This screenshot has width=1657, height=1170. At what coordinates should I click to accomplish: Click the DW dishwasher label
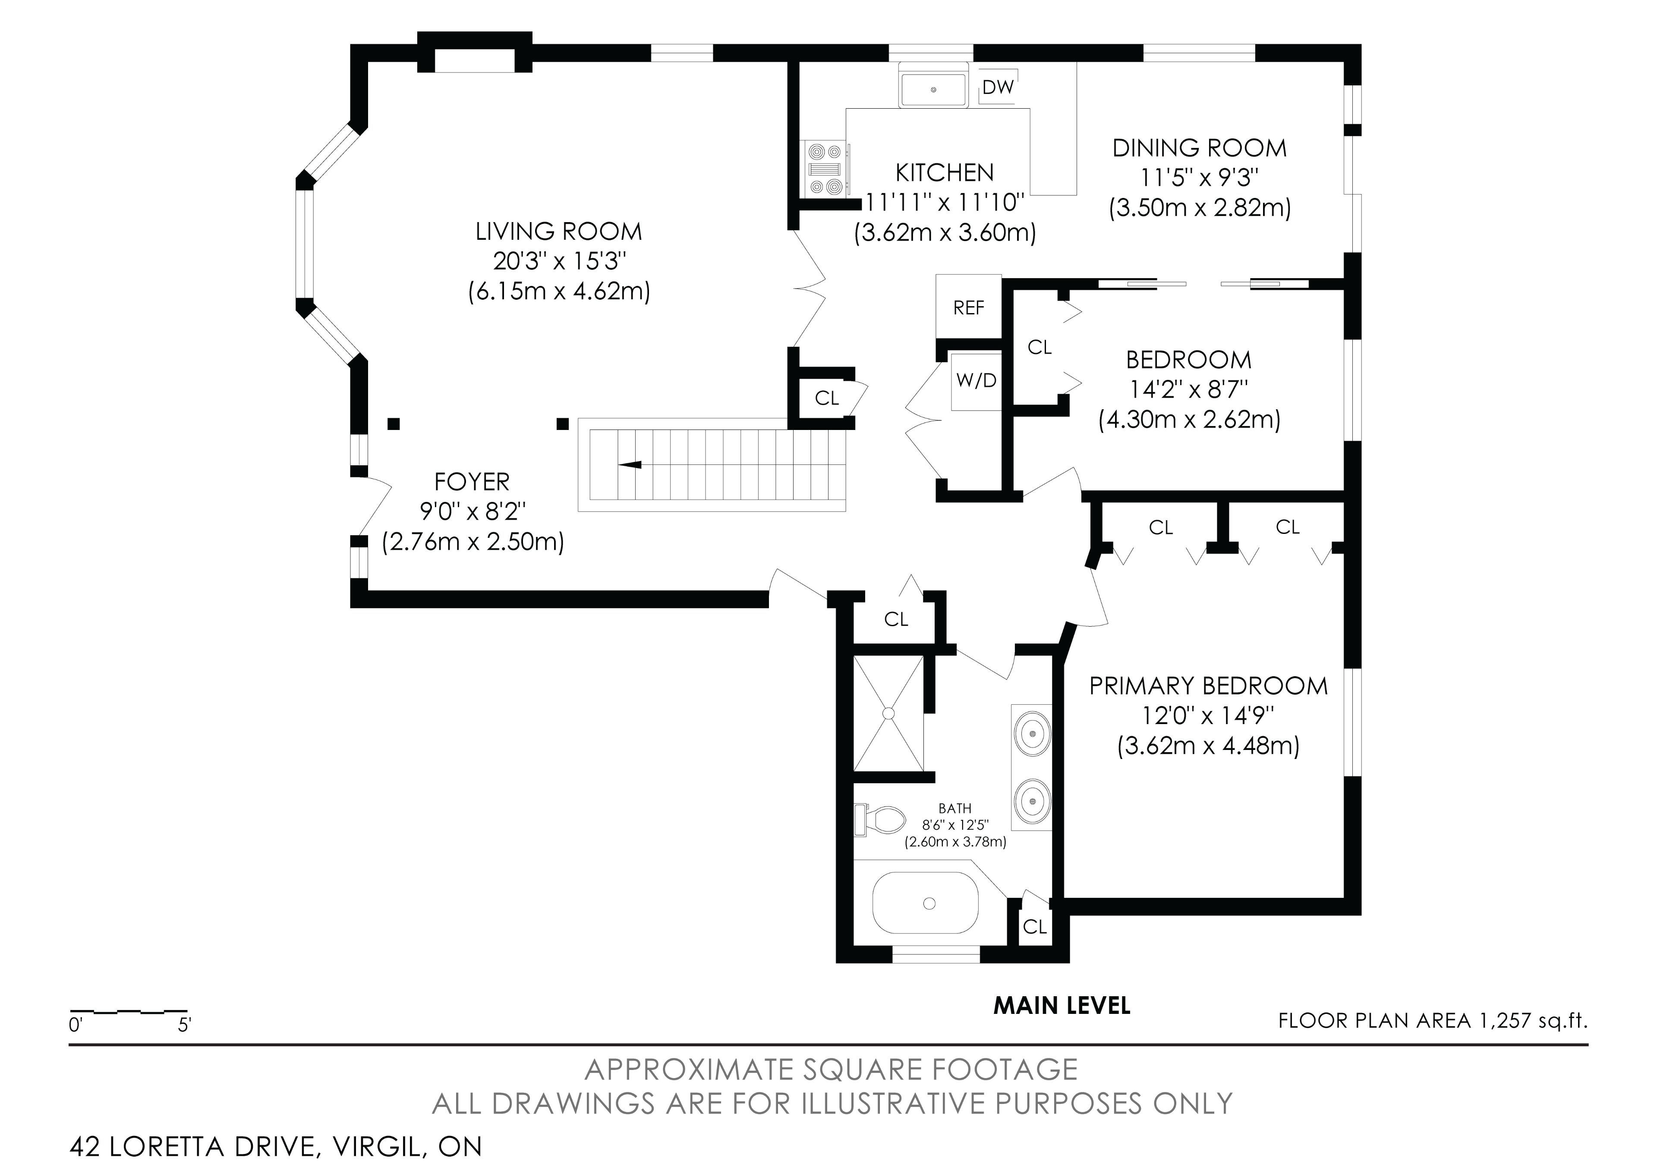(998, 87)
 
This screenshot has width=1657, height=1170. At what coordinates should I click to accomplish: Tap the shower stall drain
(888, 713)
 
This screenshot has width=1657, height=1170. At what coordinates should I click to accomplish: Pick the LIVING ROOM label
(558, 232)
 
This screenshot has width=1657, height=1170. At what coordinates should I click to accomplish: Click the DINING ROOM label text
(1200, 148)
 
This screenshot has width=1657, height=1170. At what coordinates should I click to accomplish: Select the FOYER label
(472, 481)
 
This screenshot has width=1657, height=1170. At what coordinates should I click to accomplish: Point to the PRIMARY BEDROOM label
(1209, 686)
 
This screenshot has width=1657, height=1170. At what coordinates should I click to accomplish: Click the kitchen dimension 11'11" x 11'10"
(945, 203)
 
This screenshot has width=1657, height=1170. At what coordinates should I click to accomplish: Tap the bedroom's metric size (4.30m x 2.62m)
(1189, 420)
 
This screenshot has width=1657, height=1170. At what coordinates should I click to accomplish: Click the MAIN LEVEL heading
(1062, 1006)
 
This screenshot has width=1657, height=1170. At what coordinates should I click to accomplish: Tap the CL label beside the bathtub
(1035, 927)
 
